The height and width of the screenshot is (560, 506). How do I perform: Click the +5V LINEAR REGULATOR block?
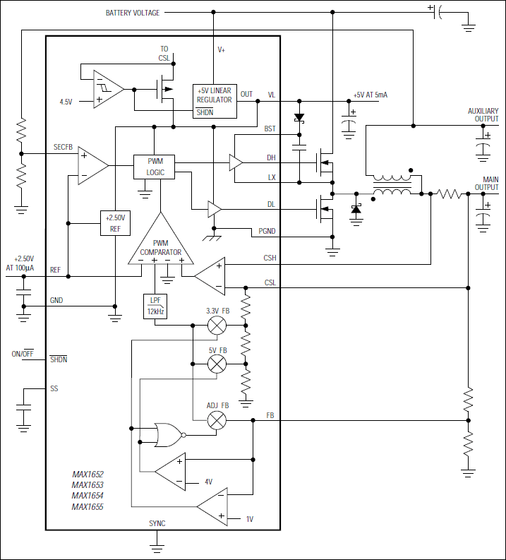tap(214, 100)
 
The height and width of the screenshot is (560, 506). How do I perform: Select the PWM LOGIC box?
tap(153, 167)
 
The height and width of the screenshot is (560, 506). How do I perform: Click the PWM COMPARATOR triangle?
tap(160, 244)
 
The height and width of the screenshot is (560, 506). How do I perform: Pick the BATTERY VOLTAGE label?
tap(133, 13)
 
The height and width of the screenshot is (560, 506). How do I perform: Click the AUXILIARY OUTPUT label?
tap(483, 115)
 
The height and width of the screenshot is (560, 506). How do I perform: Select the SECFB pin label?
tap(63, 147)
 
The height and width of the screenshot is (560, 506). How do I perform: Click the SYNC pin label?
tap(157, 524)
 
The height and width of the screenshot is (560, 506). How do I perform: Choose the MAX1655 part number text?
tap(88, 506)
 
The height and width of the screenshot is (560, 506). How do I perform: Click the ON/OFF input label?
tap(23, 354)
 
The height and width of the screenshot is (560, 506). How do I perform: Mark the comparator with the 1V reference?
tap(215, 507)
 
